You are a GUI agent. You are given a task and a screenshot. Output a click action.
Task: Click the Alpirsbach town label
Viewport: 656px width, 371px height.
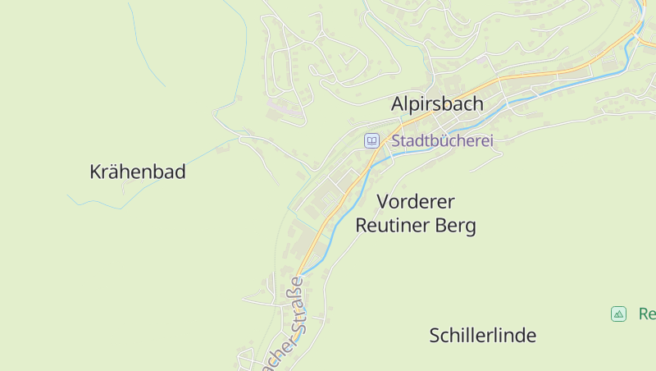pos(437,104)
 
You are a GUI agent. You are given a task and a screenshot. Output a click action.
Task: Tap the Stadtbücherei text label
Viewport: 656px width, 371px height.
pos(442,141)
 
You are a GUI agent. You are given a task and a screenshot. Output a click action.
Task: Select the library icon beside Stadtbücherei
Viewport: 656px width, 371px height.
pos(371,141)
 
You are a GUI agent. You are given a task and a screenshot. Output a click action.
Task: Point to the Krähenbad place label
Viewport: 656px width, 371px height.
pos(137,172)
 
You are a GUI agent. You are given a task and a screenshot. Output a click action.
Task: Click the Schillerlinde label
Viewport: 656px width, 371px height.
pos(482,335)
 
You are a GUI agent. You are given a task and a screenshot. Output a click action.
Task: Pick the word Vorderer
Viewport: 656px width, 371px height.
pos(416,201)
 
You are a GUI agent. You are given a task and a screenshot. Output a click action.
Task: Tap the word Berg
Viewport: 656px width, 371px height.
pos(456,226)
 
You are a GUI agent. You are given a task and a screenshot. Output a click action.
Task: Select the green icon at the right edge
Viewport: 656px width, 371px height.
pos(618,314)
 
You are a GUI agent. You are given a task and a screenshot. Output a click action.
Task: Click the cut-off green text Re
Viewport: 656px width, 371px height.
pos(646,314)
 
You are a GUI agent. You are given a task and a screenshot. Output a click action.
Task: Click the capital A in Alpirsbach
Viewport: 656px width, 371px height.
pos(398,104)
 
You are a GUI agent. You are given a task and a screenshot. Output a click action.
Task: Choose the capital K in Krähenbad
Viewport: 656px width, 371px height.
pos(95,172)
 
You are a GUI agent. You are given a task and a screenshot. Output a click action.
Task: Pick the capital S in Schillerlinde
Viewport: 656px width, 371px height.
pos(435,335)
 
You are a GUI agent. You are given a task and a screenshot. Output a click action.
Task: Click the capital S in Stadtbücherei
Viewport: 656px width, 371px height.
pos(397,141)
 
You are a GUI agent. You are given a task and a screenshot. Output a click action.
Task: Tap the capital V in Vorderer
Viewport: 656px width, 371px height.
pos(383,201)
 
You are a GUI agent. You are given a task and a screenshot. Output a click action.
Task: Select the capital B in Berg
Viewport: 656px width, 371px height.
pos(442,226)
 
